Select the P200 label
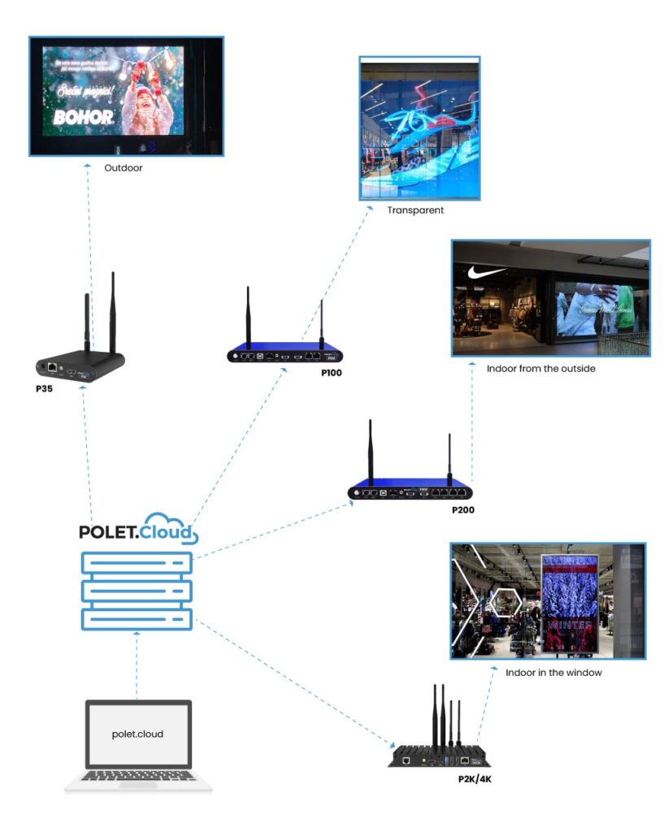[462, 510]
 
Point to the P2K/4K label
[476, 779]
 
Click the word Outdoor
[124, 169]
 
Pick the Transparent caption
[415, 210]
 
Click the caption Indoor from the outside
[541, 369]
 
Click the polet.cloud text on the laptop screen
[137, 734]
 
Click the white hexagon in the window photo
[506, 603]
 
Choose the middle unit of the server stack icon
[137, 589]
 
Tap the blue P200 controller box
[410, 492]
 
